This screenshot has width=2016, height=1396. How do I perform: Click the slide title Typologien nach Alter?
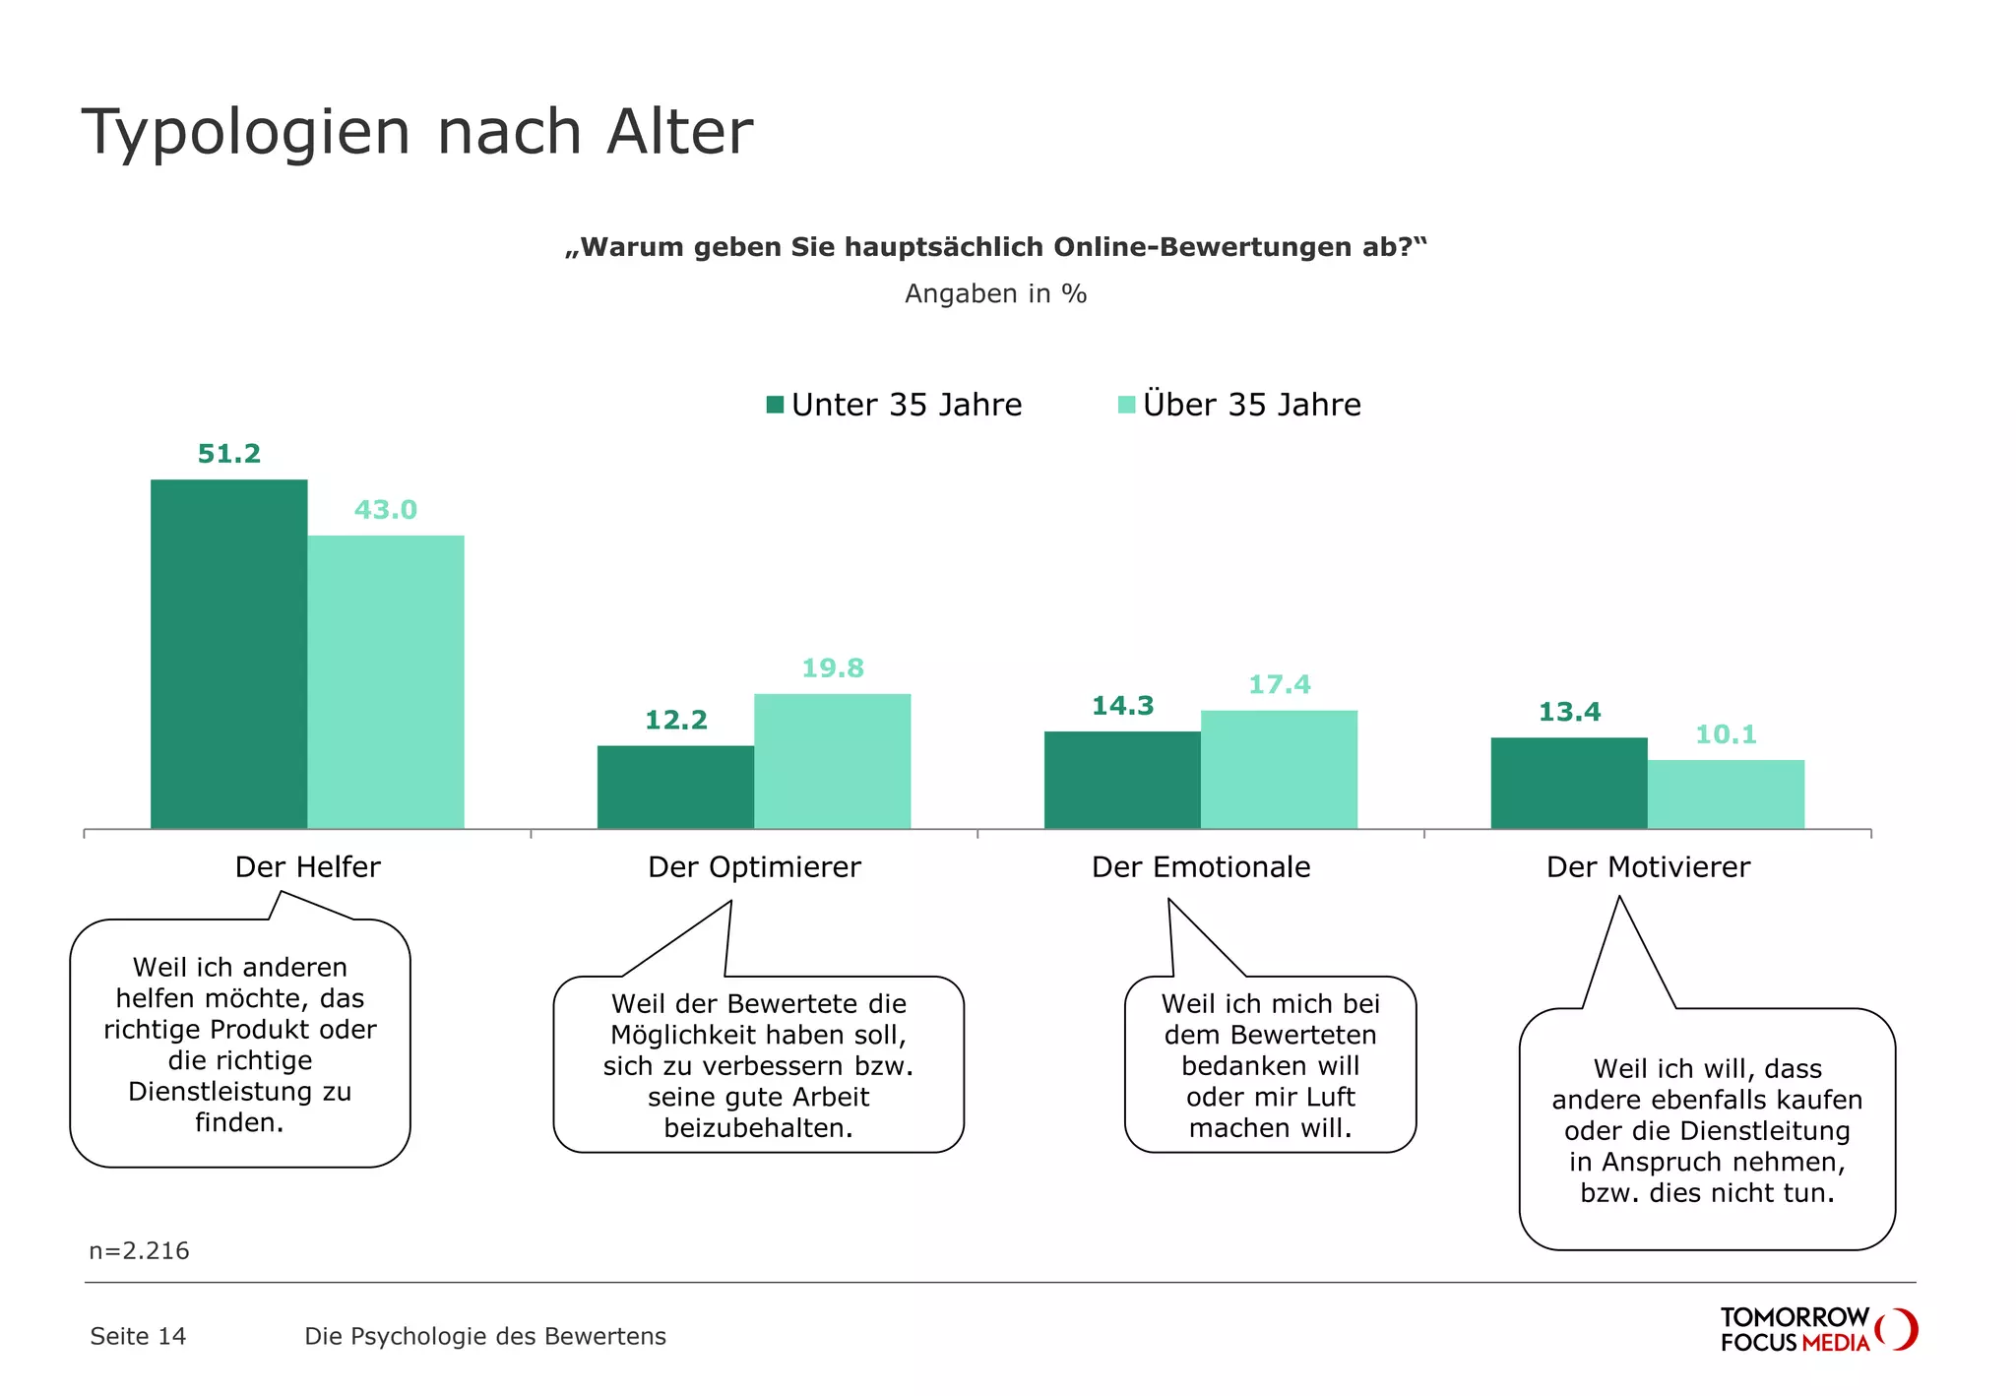pos(416,132)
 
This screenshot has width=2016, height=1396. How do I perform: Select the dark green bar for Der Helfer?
pos(228,654)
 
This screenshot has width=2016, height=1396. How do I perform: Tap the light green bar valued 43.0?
pos(385,681)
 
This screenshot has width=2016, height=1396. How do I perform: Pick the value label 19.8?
pos(832,668)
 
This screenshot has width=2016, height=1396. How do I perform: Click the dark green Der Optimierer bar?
pos(675,787)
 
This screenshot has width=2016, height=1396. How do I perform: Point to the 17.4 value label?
pos(1279,684)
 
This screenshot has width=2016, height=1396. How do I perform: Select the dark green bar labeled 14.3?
pos(1122,780)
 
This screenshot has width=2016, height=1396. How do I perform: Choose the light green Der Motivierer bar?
pos(1726,793)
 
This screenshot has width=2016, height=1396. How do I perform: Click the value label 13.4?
pos(1569,712)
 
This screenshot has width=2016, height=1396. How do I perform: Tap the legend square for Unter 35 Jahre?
pos(775,405)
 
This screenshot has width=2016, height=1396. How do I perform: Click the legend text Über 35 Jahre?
pos(1251,405)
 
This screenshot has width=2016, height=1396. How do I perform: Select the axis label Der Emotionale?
pos(1201,867)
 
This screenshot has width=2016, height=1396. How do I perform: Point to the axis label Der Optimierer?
pos(754,867)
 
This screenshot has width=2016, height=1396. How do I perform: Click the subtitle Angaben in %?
pos(995,294)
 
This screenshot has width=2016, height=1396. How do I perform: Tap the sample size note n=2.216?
pos(139,1251)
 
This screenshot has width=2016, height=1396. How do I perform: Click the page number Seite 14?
pos(138,1336)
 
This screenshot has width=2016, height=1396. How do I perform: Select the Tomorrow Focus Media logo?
pos(1817,1329)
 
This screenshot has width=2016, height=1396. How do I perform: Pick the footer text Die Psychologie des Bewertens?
pos(485,1336)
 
